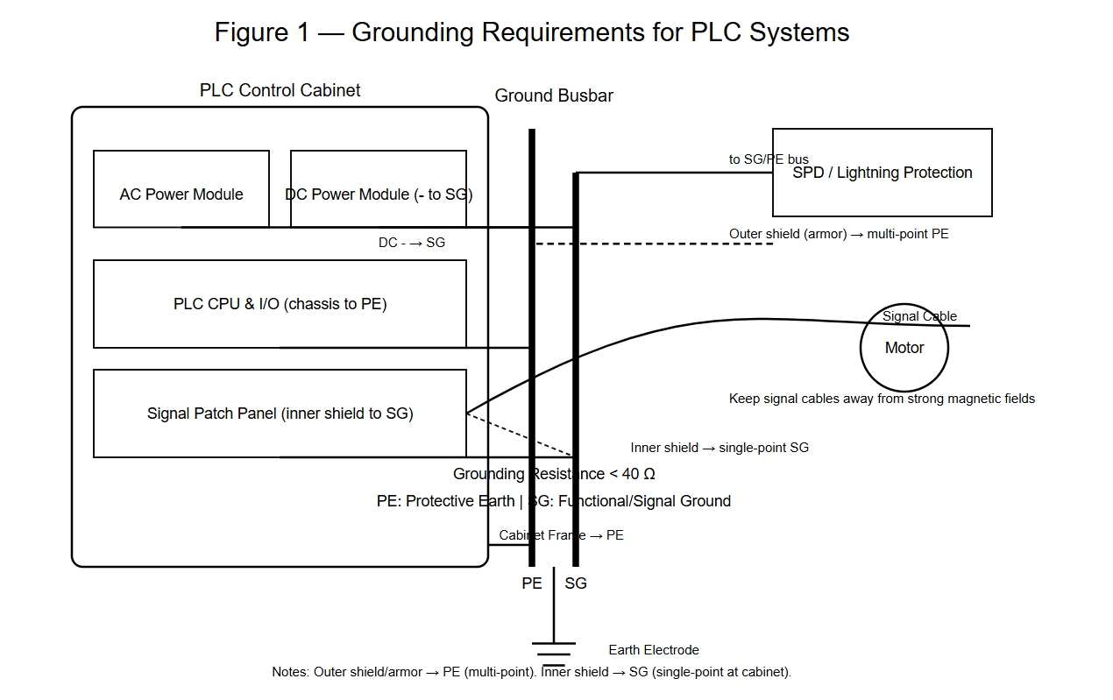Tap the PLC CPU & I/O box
[280, 304]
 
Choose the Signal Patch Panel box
[280, 414]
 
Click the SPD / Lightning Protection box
[882, 173]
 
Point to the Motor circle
[904, 349]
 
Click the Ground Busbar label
[554, 95]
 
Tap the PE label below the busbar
[532, 583]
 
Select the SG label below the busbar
[576, 583]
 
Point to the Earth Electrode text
[654, 650]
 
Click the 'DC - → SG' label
[412, 243]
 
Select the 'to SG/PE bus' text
[769, 159]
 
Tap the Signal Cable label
[919, 316]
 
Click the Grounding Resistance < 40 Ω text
[554, 474]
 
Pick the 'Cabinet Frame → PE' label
[561, 535]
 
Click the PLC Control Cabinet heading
[280, 90]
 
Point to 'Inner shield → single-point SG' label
[720, 448]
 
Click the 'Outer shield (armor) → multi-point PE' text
[839, 234]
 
